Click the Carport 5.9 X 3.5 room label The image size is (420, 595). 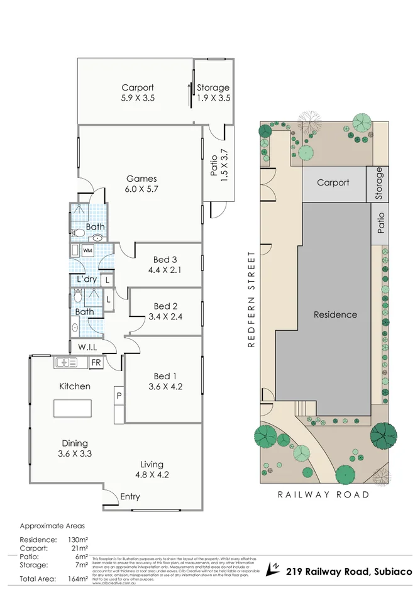pos(137,93)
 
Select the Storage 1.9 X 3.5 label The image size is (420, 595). pos(213,93)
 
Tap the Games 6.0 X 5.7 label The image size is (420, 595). pos(141,184)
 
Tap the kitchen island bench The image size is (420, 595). pos(72,408)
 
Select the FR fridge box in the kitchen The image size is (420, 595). pos(96,363)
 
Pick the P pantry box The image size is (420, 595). pos(119,396)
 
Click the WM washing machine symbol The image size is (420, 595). pos(87,251)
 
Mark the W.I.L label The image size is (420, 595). pos(87,347)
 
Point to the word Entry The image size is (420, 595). pos(130,497)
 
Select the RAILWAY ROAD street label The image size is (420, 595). pos(324,494)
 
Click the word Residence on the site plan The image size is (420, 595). pos(335,314)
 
